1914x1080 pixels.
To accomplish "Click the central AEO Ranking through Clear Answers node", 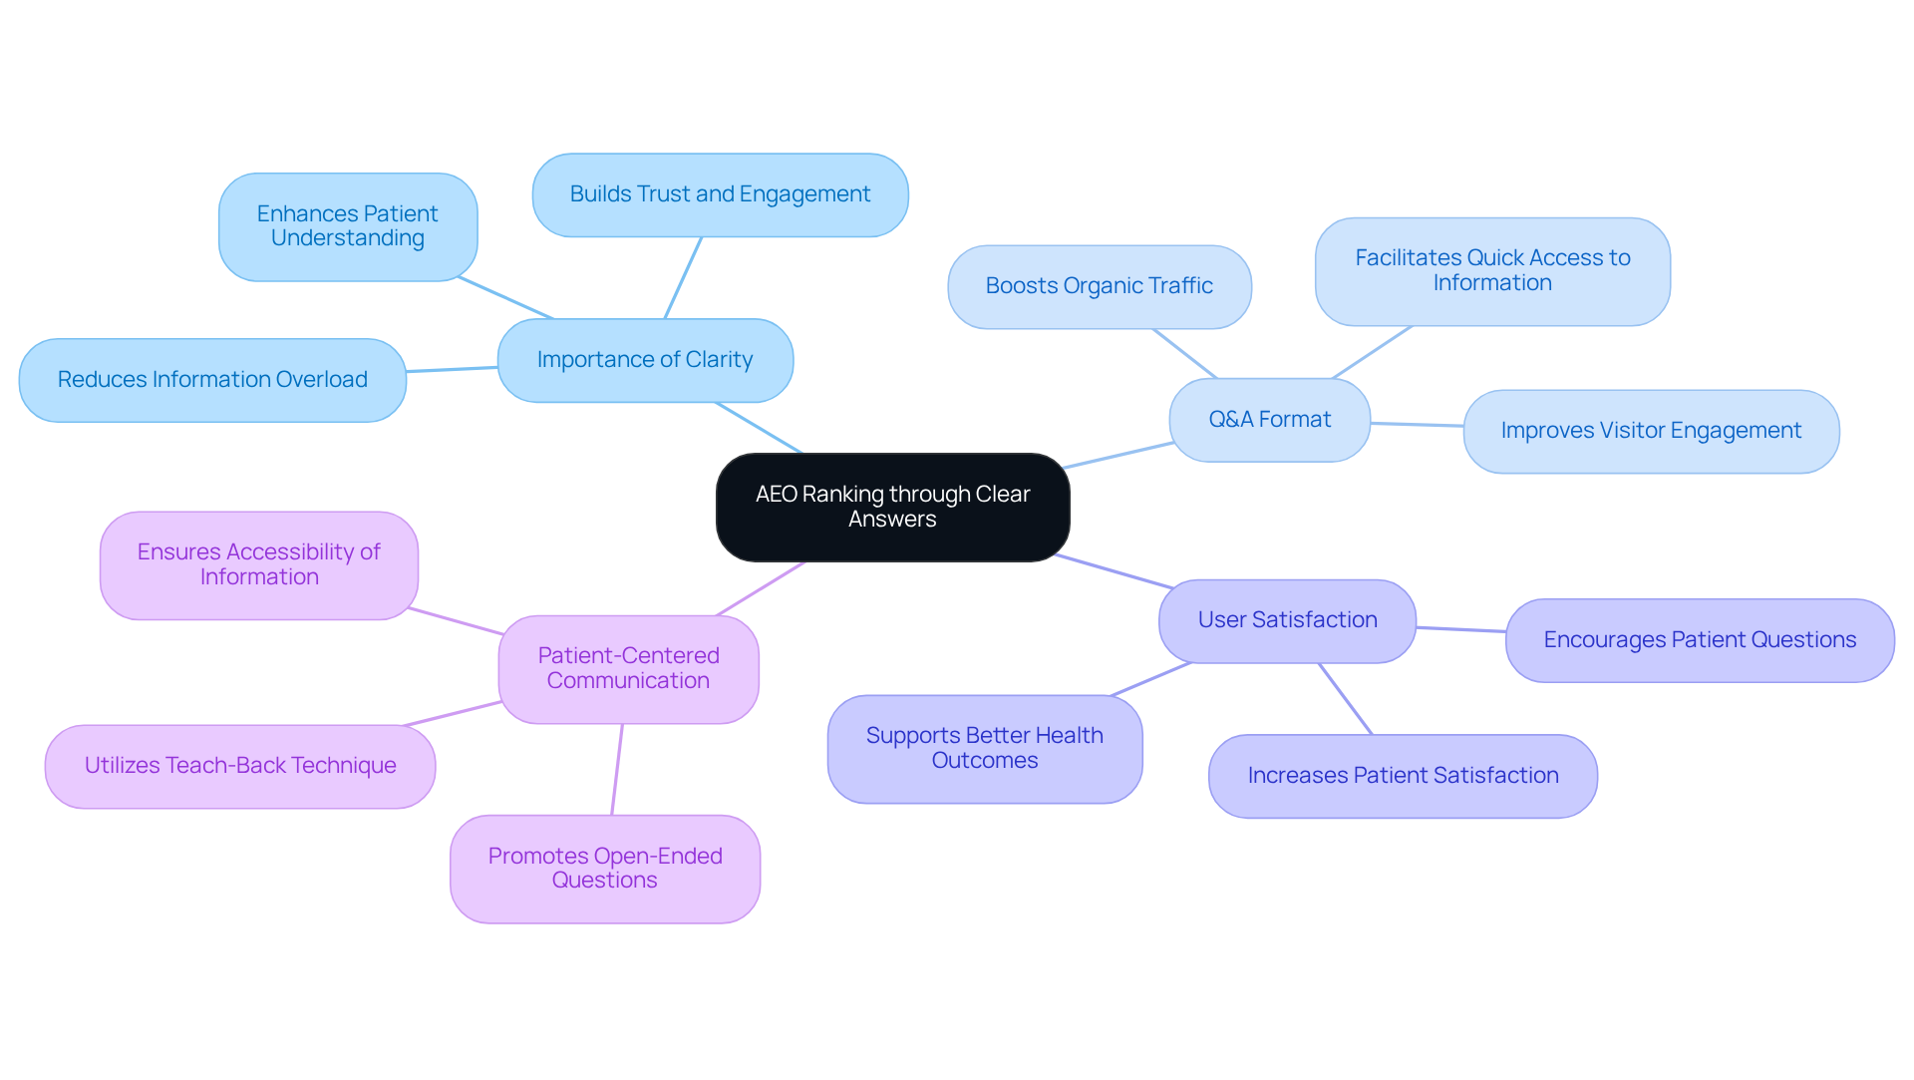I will [x=892, y=507].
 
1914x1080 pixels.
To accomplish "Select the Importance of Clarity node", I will [x=645, y=360].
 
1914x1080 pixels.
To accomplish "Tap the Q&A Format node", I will [x=1269, y=420].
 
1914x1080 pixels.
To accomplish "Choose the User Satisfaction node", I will [x=1287, y=620].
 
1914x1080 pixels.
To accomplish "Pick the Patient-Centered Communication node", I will [x=628, y=668].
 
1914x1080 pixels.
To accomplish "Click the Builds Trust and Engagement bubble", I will [x=720, y=194].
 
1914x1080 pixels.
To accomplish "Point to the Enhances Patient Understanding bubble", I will [x=347, y=226].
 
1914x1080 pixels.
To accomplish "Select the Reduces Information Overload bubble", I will [x=212, y=380].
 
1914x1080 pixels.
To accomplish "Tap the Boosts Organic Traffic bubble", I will [x=1099, y=286].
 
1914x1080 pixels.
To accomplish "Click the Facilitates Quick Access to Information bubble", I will [x=1492, y=270].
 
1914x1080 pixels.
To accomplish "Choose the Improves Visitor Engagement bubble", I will [x=1651, y=431].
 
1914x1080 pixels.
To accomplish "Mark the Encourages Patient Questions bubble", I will [x=1700, y=640].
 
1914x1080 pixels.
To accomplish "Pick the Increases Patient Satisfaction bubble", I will [x=1403, y=776].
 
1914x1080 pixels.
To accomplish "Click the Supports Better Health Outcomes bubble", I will [x=984, y=748].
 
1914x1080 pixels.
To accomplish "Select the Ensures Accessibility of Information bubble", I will [x=258, y=564].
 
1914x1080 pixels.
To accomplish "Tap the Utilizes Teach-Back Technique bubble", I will [x=240, y=766].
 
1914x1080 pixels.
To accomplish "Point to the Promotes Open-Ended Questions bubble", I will [x=604, y=869].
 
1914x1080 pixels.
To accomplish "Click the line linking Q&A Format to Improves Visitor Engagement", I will [x=1417, y=425].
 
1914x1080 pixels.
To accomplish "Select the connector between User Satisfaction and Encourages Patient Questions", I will [x=1460, y=629].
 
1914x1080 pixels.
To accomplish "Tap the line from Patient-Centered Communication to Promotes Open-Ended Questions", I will [x=617, y=769].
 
